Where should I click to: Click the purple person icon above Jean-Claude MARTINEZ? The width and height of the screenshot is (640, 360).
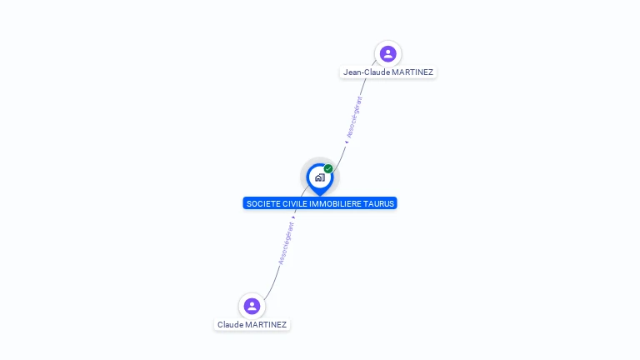(387, 54)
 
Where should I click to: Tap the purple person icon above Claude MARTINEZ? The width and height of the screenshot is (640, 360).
(252, 307)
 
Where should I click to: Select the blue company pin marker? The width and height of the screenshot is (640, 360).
(319, 177)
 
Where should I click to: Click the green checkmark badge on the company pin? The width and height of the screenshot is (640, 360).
(328, 169)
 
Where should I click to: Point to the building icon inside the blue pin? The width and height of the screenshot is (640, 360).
(319, 177)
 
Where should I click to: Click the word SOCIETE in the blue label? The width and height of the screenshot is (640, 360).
(263, 203)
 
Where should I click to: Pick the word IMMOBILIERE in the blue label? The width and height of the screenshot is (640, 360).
(337, 203)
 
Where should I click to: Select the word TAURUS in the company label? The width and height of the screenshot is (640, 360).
(380, 203)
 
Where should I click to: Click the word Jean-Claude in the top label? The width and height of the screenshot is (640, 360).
(366, 72)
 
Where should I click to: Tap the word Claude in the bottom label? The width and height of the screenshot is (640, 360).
(231, 325)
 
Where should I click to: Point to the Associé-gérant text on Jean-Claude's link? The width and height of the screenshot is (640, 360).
(355, 117)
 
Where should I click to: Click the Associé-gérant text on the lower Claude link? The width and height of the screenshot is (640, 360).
(287, 243)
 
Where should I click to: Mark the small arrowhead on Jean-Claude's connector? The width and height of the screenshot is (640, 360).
(347, 142)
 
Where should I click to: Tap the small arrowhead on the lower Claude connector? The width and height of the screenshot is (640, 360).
(294, 217)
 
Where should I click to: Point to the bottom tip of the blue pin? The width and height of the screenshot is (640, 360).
(319, 195)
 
